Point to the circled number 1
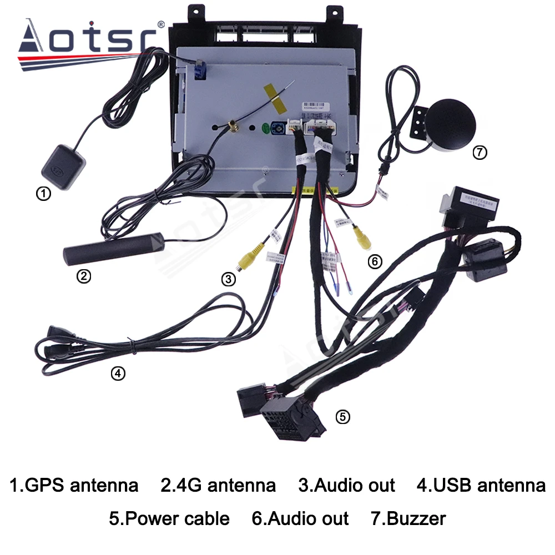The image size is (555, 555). click(x=43, y=194)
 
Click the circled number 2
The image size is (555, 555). click(x=83, y=276)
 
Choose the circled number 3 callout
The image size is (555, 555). click(x=228, y=280)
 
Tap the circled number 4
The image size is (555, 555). click(x=117, y=374)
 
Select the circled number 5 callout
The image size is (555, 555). click(x=344, y=416)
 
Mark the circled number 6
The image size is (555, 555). click(x=375, y=261)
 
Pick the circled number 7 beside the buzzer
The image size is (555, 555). click(x=478, y=152)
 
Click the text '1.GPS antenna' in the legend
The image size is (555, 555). click(x=74, y=486)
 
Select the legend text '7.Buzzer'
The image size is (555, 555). click(x=408, y=519)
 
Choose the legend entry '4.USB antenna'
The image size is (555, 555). click(x=481, y=486)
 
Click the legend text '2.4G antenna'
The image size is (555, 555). click(x=218, y=486)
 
